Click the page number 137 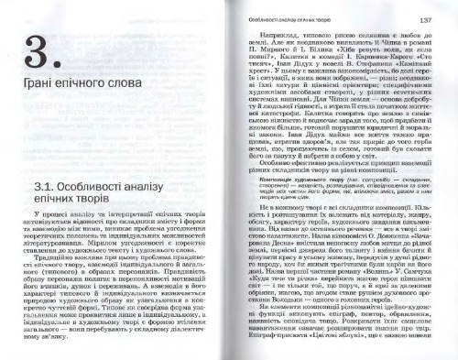426,18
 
